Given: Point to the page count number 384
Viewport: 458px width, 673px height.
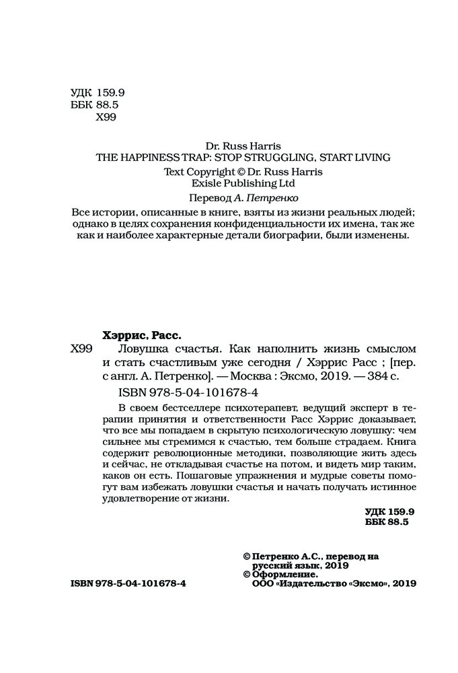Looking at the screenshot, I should pyautogui.click(x=364, y=378).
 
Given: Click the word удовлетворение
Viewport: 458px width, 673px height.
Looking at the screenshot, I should pyautogui.click(x=141, y=500).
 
